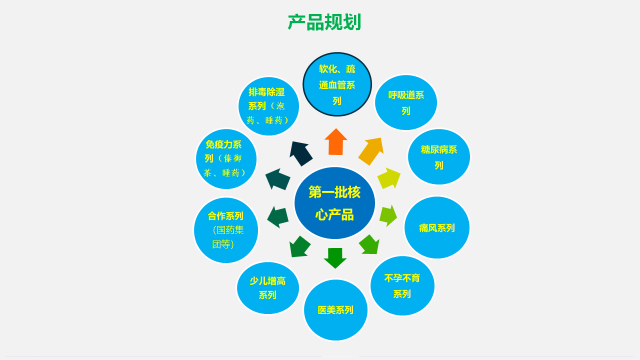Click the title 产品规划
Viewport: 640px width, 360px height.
point(324,22)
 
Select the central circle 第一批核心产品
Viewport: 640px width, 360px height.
point(334,203)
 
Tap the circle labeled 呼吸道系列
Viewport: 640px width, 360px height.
point(405,102)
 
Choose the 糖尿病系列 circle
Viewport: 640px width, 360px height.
point(439,157)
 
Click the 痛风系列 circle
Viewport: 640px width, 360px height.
point(437,227)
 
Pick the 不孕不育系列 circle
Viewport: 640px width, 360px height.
point(402,285)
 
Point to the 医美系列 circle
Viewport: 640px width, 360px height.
point(335,310)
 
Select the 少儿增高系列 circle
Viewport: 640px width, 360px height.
point(268,288)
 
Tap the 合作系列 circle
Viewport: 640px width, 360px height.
point(226,230)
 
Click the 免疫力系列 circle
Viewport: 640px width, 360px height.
point(226,159)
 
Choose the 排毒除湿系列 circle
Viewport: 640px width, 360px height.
point(268,106)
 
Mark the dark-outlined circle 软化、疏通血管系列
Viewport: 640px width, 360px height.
point(337,84)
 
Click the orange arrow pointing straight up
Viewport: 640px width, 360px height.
point(336,142)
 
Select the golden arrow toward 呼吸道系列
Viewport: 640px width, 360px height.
point(371,151)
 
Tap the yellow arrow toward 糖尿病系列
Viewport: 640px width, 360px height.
point(389,179)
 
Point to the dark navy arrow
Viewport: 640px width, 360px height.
point(300,153)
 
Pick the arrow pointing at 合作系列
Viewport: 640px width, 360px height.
point(277,217)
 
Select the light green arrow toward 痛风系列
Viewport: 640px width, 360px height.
point(388,215)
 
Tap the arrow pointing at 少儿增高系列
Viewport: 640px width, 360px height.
point(299,247)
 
